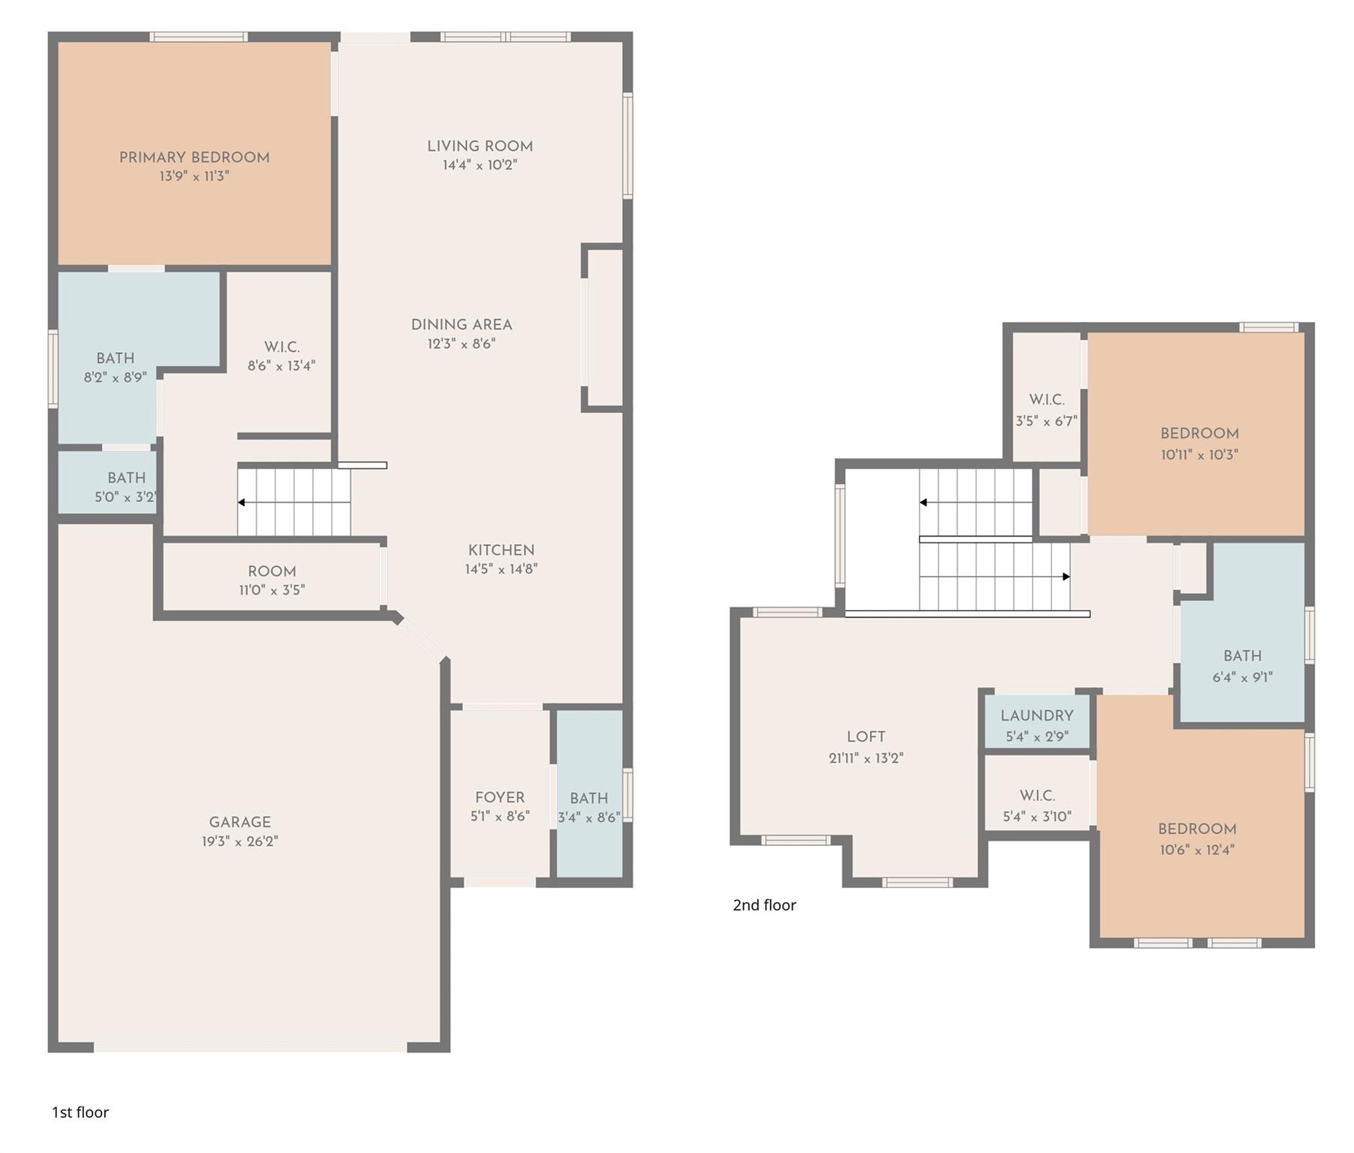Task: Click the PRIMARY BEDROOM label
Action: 194,158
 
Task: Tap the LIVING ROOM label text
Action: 480,146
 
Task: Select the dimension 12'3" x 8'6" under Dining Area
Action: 462,344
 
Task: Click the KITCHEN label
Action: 501,550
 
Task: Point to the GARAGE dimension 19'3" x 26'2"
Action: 240,841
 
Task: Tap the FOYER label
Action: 500,797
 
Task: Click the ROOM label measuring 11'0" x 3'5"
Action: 272,571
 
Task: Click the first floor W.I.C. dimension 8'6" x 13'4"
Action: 281,366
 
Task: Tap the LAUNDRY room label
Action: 1037,715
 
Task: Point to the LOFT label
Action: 866,737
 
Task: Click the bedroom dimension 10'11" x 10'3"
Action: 1199,454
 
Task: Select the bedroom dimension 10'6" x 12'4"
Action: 1197,850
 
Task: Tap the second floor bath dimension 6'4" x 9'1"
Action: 1243,677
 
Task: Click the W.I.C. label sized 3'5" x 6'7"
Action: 1047,400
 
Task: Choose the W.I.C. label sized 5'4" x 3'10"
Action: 1037,796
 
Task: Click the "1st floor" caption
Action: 80,1112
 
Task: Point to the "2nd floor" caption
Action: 764,905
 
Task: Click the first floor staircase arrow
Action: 294,502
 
